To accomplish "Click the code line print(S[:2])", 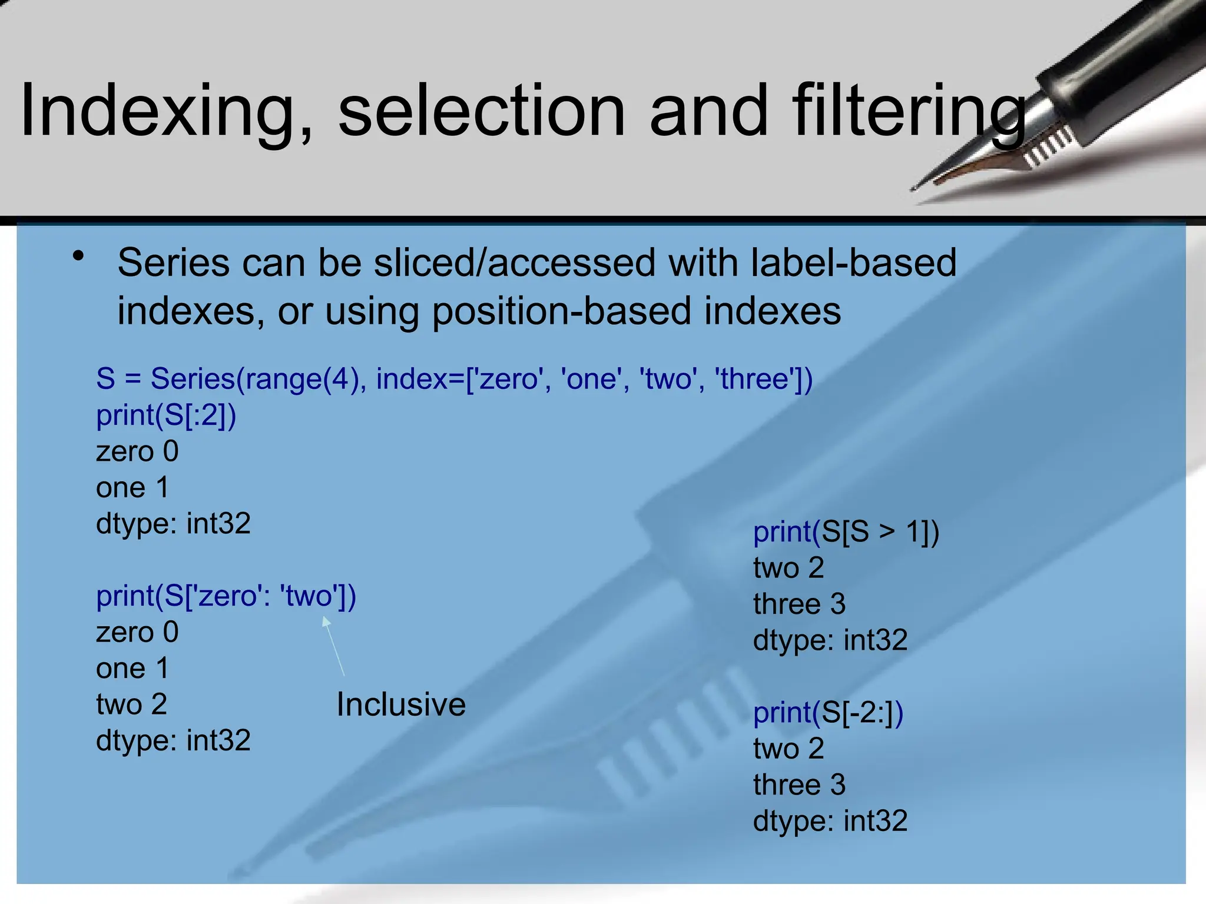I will (166, 416).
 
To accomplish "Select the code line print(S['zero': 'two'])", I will (226, 596).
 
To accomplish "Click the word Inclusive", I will (401, 704).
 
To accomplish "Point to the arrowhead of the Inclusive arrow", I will (325, 620).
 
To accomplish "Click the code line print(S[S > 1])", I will (846, 532).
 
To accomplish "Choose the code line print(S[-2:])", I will (828, 713).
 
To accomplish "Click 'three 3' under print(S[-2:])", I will (799, 785).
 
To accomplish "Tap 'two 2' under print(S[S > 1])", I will (788, 568).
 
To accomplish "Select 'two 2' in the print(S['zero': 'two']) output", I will (131, 704).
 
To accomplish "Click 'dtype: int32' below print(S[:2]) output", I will (173, 524).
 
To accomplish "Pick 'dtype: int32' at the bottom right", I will (830, 821).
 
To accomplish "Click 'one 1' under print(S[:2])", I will (132, 488).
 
